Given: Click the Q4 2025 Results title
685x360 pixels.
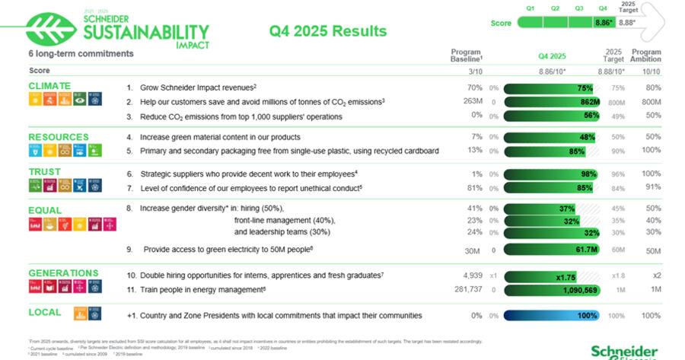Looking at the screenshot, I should point(328,31).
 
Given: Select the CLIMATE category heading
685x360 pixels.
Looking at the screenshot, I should point(49,86).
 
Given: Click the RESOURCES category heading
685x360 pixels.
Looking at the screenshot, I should point(58,137).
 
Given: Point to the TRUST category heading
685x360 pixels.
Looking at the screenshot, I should point(44,172).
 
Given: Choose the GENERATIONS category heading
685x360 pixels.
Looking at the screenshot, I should point(63,272).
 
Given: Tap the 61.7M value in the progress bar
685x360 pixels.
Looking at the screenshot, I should point(588,249).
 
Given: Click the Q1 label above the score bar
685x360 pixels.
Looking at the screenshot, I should point(530,8).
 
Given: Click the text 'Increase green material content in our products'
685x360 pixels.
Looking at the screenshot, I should point(220,137).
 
